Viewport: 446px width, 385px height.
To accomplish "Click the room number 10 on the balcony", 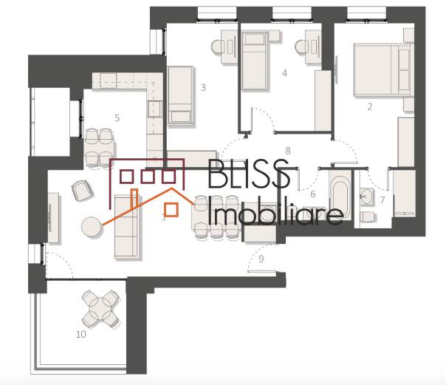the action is pos(81,334).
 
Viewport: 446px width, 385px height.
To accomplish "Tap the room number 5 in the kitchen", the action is pos(117,117).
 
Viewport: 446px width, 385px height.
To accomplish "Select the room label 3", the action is pos(203,87).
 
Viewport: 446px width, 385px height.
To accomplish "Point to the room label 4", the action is pos(284,73).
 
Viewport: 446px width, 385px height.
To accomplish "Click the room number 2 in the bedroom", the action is pos(370,106).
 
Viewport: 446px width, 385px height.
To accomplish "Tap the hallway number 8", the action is pos(288,151).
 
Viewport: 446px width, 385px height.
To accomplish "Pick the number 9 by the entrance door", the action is pos(261,259).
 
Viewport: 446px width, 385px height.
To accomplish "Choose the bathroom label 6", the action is pos(313,194).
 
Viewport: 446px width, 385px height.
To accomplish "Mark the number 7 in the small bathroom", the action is pos(382,200).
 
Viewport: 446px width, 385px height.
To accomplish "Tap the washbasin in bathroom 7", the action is pos(366,197).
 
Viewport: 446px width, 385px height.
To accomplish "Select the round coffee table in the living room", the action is pos(92,227).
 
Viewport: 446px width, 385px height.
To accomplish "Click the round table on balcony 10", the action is pos(100,308).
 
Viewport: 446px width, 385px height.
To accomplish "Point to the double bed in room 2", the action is pos(383,69).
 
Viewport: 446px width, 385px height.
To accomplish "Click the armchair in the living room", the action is pos(83,191).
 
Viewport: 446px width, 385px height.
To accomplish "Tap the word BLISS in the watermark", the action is pos(249,174).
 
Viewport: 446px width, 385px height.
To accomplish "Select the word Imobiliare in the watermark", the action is pos(275,211).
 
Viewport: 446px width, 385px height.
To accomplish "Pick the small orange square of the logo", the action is pos(171,210).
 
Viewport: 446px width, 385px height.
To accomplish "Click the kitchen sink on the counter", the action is pos(155,109).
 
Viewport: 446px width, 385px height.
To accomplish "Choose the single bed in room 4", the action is pos(255,61).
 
